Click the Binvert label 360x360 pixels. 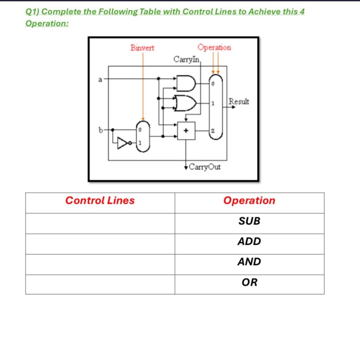coord(142,48)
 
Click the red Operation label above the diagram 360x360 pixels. coord(214,48)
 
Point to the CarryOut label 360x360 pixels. coord(205,167)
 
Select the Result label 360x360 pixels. coord(239,102)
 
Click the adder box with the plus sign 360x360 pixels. coord(186,131)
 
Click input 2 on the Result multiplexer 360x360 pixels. coord(212,131)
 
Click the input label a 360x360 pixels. coord(100,79)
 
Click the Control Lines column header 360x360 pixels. coord(100,201)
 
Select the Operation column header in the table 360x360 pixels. coord(249,201)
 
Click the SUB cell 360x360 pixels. coord(249,221)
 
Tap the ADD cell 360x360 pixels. coord(249,242)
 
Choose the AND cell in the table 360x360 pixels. coord(249,262)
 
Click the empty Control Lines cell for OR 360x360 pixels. coord(100,284)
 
